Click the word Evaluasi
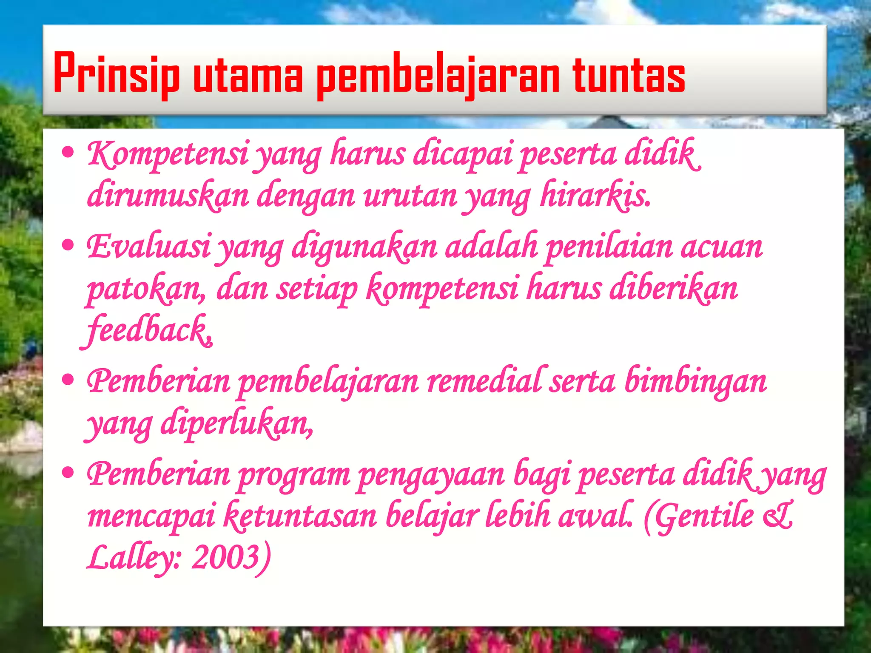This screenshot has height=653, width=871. (148, 247)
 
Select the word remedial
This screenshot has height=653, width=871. (484, 381)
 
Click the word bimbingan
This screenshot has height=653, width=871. (696, 381)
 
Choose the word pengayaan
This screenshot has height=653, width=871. (431, 474)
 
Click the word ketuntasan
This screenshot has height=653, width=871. (300, 515)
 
